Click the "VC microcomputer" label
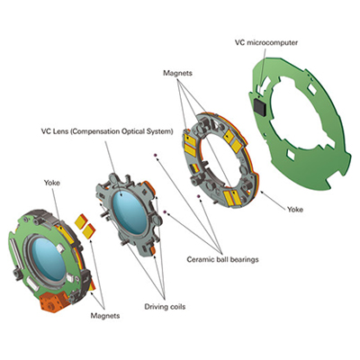[x=265, y=42]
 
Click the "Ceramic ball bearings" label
[x=222, y=259]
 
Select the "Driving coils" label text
[x=165, y=307]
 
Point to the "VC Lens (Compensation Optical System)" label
[x=107, y=131]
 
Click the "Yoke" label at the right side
[x=295, y=210]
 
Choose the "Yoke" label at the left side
[x=52, y=183]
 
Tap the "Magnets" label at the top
[x=177, y=73]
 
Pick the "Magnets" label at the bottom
[x=105, y=316]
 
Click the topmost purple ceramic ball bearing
[x=155, y=155]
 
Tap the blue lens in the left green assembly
[x=48, y=259]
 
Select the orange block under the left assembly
[x=54, y=301]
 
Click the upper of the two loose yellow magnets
[x=81, y=220]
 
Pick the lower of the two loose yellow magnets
[x=89, y=231]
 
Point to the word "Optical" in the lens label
[x=135, y=131]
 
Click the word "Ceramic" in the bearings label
[x=200, y=259]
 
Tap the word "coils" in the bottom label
[x=177, y=307]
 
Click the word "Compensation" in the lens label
[x=97, y=132]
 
